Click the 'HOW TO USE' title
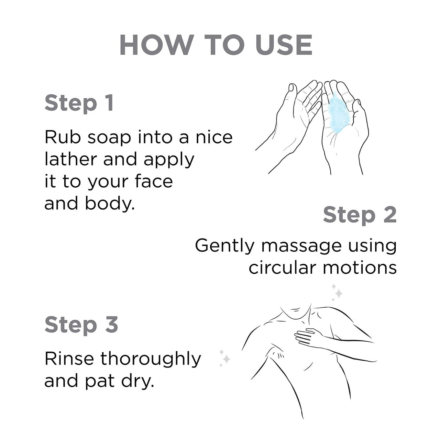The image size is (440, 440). point(216,45)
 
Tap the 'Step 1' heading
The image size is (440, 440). point(79,103)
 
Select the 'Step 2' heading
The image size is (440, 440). point(360,215)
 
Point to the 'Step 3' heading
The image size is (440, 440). point(81,325)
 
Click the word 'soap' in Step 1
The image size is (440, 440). point(109,139)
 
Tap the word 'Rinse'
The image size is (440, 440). point(69,359)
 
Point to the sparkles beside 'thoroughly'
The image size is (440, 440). point(224,358)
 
